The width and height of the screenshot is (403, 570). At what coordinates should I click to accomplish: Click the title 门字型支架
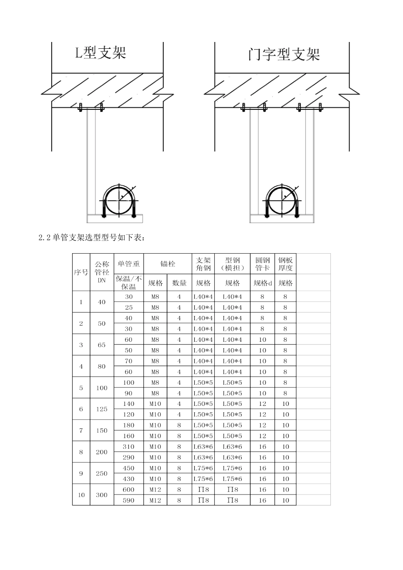point(283,54)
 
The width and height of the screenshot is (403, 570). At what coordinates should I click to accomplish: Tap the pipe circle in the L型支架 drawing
point(119,200)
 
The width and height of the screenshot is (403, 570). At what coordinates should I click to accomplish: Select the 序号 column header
point(81,272)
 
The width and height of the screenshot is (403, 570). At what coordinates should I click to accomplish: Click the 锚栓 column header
point(168,264)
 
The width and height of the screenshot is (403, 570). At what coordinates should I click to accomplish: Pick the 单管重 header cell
point(129,264)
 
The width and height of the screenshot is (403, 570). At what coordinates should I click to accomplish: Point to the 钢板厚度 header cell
point(285,264)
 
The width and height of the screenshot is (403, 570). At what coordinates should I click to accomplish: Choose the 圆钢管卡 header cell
point(262,264)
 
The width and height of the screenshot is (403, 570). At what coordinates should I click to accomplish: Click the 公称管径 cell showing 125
point(102,409)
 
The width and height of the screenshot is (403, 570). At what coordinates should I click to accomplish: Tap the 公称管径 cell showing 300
point(102,495)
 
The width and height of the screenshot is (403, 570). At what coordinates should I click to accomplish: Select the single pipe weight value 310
point(129,447)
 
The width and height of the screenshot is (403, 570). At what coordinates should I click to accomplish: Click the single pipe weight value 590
point(129,500)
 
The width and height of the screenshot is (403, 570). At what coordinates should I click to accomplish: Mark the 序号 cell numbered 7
point(81,430)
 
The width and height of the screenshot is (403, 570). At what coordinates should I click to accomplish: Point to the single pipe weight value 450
point(129,468)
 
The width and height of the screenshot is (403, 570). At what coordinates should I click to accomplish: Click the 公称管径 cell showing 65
point(102,345)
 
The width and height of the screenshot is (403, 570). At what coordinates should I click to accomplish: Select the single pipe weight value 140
point(129,404)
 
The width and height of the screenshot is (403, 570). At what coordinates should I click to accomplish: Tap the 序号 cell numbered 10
point(81,495)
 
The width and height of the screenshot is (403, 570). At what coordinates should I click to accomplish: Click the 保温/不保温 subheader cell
point(129,282)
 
